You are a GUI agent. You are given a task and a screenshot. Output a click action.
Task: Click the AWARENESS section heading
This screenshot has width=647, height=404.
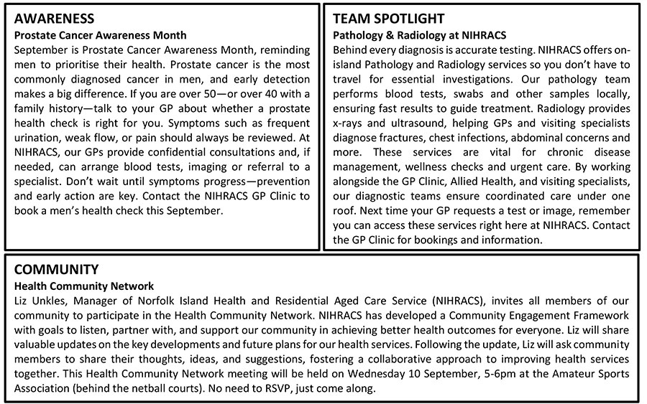(x=55, y=19)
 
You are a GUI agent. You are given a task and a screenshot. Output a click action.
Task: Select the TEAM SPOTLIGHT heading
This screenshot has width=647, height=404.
(x=389, y=19)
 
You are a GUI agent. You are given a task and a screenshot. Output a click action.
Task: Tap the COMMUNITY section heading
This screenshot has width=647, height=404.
(x=56, y=270)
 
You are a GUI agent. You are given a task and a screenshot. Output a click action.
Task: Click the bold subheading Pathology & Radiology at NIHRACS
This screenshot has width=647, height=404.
(x=419, y=34)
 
